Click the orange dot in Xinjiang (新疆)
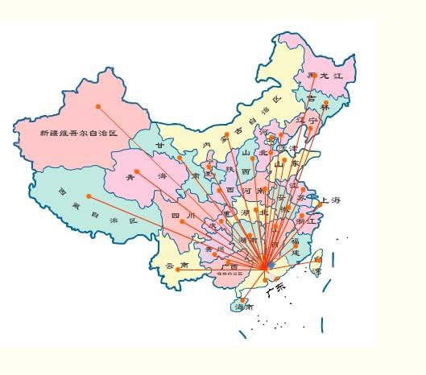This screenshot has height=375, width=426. tap(98, 106)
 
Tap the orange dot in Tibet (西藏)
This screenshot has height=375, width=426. tap(89, 196)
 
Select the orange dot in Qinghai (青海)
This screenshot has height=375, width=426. tap(137, 171)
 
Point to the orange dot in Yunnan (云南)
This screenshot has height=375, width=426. tap(178, 270)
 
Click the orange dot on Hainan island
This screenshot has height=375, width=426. tap(242, 300)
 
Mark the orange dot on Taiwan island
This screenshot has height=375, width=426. tap(316, 260)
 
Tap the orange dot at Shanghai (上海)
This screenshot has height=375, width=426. tap(319, 204)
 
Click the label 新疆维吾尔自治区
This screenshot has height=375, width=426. tap(78, 133)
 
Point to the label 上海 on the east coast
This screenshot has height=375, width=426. tap(330, 200)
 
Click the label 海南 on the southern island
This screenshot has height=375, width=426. tap(244, 307)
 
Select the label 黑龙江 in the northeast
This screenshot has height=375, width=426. tap(324, 75)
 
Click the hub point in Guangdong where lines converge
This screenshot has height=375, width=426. tap(266, 266)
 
